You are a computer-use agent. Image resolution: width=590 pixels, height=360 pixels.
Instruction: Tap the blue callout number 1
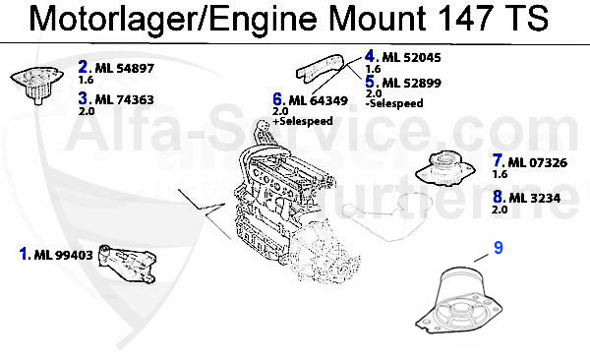click(x=24, y=254)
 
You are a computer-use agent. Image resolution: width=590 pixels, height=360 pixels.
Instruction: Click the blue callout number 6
click(x=278, y=98)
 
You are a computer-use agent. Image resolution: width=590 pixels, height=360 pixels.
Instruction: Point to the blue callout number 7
click(x=499, y=160)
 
